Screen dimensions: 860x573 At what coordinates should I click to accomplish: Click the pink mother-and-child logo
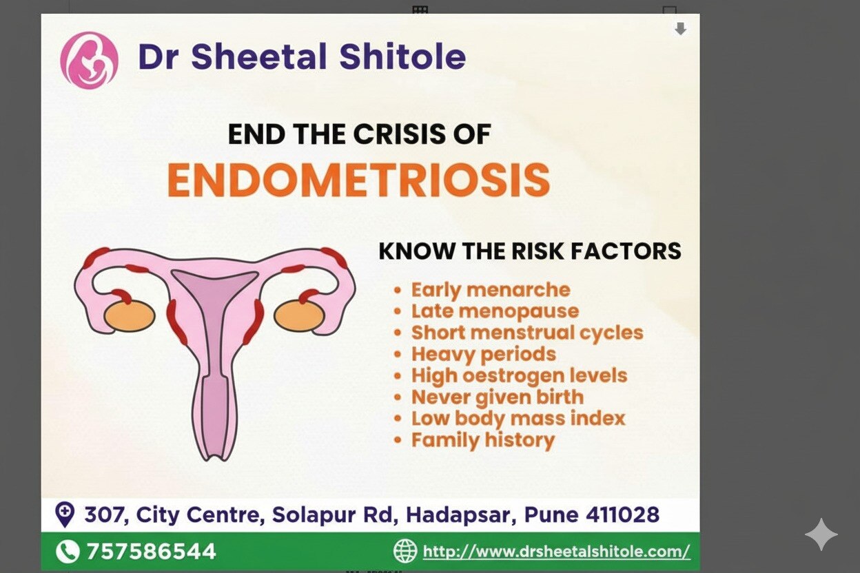89,60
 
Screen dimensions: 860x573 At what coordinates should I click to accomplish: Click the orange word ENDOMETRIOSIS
358,180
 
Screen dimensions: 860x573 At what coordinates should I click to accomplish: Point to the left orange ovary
130,316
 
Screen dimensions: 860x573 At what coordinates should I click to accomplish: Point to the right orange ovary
300,316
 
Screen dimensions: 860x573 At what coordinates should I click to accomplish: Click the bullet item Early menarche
491,290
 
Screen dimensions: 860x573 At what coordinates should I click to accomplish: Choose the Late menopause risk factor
495,311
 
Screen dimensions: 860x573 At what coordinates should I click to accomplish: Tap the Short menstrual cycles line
527,333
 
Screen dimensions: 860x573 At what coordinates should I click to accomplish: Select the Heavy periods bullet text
483,354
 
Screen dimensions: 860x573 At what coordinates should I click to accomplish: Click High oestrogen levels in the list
519,376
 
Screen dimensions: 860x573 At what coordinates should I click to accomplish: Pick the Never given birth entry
498,397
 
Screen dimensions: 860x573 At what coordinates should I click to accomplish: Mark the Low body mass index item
518,418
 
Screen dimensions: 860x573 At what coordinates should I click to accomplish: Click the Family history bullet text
483,440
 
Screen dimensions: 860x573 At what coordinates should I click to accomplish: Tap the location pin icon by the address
65,514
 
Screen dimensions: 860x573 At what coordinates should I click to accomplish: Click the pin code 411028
622,514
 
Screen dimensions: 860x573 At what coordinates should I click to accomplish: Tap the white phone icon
68,552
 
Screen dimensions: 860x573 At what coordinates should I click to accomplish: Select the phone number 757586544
151,552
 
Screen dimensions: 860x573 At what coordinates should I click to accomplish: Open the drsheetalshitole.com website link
556,552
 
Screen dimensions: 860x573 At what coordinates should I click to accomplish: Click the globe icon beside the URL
405,551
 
